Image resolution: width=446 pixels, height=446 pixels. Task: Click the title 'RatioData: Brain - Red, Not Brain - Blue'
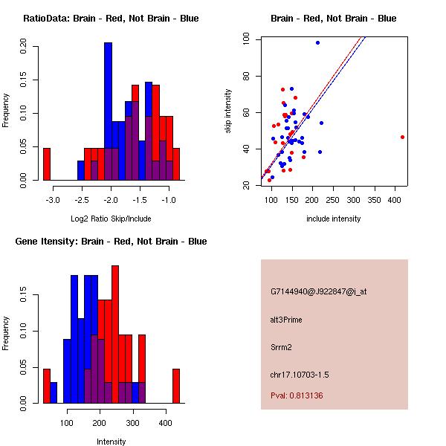tap(111, 18)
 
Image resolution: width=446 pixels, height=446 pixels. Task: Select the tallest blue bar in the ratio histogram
tap(108, 111)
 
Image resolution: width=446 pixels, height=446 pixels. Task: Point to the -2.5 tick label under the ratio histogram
tap(82, 200)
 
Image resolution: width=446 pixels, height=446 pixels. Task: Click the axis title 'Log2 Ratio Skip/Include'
tap(111, 219)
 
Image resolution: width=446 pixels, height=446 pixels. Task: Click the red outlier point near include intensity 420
tap(402, 137)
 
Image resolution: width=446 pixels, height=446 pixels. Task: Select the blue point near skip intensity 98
tap(317, 43)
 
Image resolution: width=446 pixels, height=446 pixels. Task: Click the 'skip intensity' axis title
tap(228, 111)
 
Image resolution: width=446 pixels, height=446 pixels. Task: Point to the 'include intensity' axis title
tap(334, 219)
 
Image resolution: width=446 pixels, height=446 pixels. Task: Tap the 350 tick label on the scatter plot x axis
tap(374, 200)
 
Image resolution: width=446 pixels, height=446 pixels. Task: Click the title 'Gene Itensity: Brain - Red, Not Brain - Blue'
tap(111, 241)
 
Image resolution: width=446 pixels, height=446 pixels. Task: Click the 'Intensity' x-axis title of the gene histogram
tap(111, 442)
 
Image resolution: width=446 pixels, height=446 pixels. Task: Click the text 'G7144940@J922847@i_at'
tap(319, 291)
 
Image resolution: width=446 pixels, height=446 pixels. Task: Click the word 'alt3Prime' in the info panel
tap(286, 320)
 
